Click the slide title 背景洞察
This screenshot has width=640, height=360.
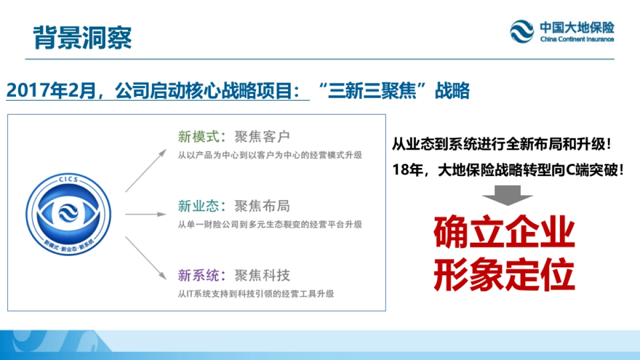click(x=82, y=37)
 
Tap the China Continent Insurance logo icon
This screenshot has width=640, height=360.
click(x=522, y=31)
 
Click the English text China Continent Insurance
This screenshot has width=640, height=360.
click(x=577, y=39)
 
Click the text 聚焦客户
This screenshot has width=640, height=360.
click(x=262, y=137)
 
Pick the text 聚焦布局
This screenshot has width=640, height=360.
click(x=262, y=206)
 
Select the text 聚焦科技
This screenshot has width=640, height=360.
click(x=262, y=275)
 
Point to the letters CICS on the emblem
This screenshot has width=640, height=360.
click(x=69, y=180)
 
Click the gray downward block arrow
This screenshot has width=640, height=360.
click(x=507, y=195)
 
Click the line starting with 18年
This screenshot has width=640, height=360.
click(x=507, y=171)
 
